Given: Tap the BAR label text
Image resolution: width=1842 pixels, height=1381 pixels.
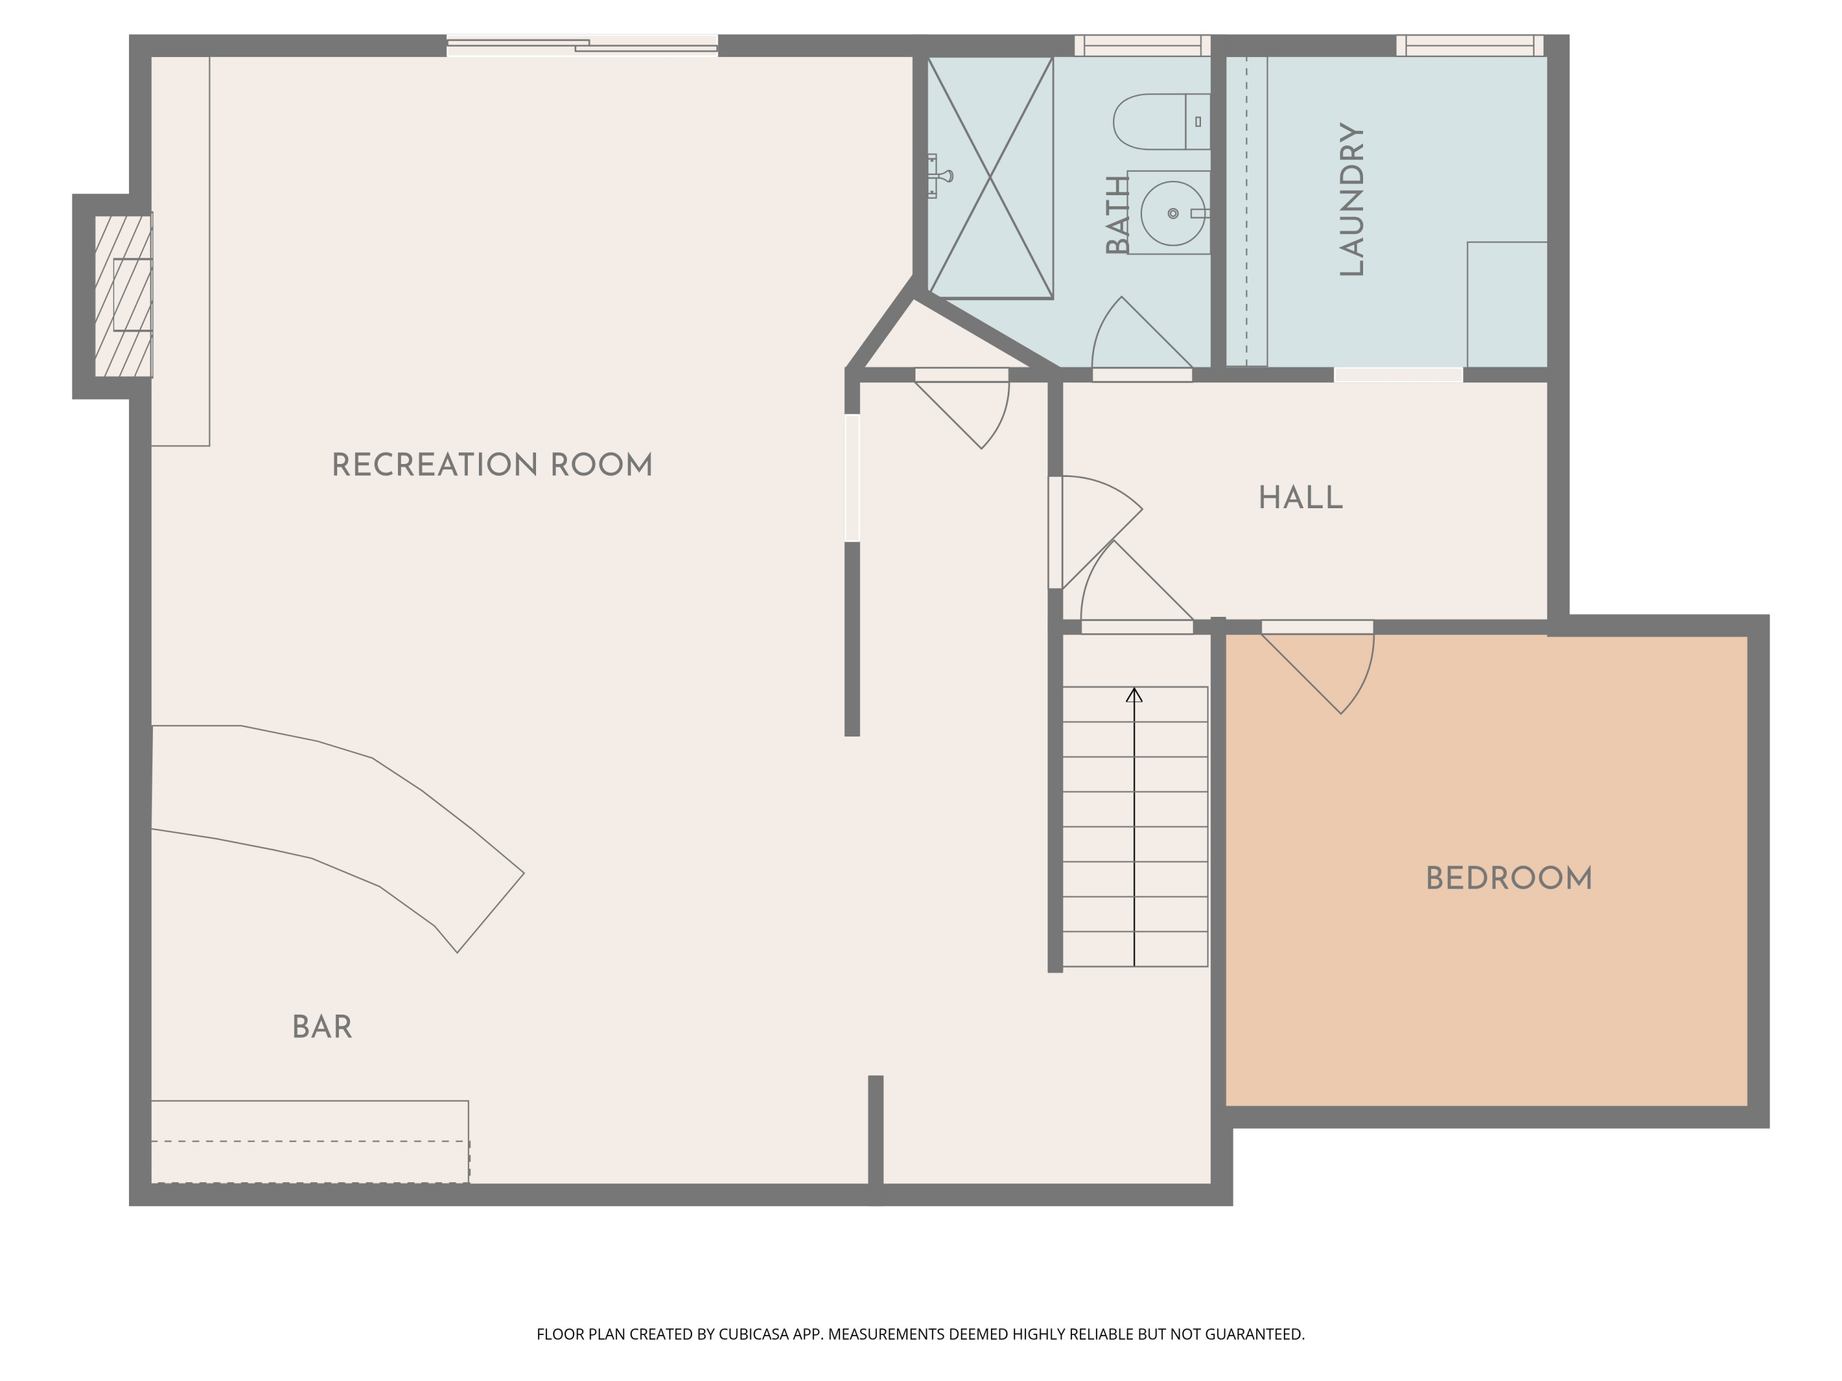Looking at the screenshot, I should [x=322, y=1028].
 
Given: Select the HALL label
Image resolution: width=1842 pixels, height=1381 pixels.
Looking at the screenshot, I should [x=1300, y=498].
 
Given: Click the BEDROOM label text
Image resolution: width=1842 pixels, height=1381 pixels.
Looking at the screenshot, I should [x=1509, y=879].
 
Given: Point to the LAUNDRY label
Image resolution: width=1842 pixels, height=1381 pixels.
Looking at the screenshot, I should [x=1351, y=199].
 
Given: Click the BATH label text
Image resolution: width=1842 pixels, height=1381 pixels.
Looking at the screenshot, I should [x=1117, y=215].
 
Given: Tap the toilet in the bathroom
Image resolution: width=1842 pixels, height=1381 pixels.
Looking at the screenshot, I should [x=1157, y=122].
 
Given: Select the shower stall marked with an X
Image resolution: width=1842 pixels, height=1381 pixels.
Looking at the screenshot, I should [x=990, y=177].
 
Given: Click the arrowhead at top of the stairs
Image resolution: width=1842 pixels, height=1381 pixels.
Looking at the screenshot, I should [x=1134, y=695].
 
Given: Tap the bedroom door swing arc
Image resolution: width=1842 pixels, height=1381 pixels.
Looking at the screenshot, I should [x=1332, y=675].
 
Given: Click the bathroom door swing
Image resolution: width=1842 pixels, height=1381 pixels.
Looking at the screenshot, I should [x=1132, y=337].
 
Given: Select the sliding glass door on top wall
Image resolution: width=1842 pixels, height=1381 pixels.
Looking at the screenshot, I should [x=582, y=46].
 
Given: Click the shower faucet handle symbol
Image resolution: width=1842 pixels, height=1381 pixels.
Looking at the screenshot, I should [x=942, y=176].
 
